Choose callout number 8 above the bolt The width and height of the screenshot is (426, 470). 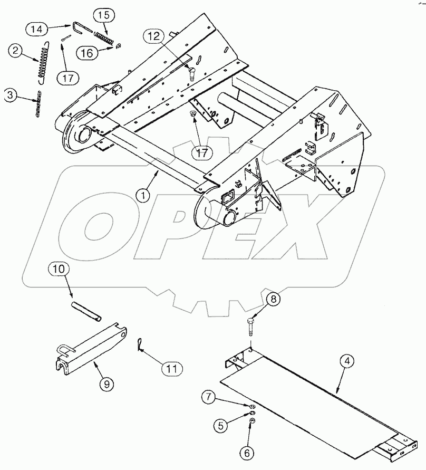pyautogui.click(x=273, y=299)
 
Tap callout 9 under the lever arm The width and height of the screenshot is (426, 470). pyautogui.click(x=108, y=384)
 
